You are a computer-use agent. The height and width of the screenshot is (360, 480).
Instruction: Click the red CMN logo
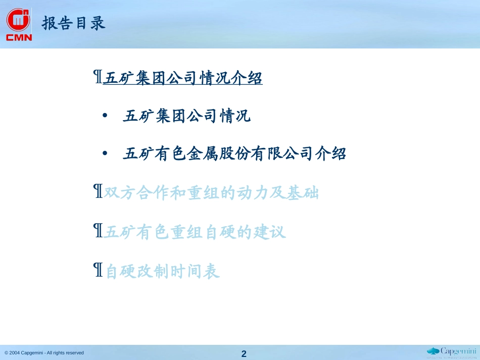click(x=19, y=24)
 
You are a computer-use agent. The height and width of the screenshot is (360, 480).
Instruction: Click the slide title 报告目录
click(x=74, y=23)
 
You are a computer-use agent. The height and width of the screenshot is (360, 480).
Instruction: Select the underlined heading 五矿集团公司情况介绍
click(x=183, y=77)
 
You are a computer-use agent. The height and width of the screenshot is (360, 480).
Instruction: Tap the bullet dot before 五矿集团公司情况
click(x=105, y=116)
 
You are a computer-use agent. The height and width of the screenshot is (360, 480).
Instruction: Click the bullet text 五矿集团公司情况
click(x=187, y=116)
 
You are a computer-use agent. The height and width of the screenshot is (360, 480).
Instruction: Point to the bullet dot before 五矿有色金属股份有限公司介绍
click(x=105, y=153)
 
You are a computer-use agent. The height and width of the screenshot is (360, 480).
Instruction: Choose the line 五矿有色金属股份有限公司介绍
click(x=234, y=153)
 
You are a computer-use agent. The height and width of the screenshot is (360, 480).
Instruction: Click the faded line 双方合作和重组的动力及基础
click(x=211, y=192)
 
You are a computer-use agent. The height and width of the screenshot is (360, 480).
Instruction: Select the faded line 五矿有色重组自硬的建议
click(x=195, y=232)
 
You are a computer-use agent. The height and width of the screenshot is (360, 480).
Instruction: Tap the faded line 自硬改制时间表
click(x=163, y=271)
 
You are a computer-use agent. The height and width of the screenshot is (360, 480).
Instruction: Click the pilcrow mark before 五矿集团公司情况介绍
click(x=98, y=76)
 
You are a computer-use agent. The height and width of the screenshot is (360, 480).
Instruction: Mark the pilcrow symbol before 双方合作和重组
click(x=98, y=191)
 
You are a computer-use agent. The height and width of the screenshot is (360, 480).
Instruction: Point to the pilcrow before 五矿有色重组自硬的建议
click(x=98, y=230)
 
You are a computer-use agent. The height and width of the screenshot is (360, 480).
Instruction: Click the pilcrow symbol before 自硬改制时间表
click(x=98, y=270)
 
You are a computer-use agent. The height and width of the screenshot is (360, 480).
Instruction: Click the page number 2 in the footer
click(x=244, y=354)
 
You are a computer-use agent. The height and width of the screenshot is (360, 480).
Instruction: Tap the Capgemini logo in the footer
click(x=452, y=352)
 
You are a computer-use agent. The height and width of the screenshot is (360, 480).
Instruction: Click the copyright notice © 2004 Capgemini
click(x=44, y=352)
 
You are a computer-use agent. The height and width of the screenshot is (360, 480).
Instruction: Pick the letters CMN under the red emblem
click(x=19, y=37)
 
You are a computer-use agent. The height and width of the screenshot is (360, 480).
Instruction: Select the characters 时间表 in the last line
click(x=195, y=271)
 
